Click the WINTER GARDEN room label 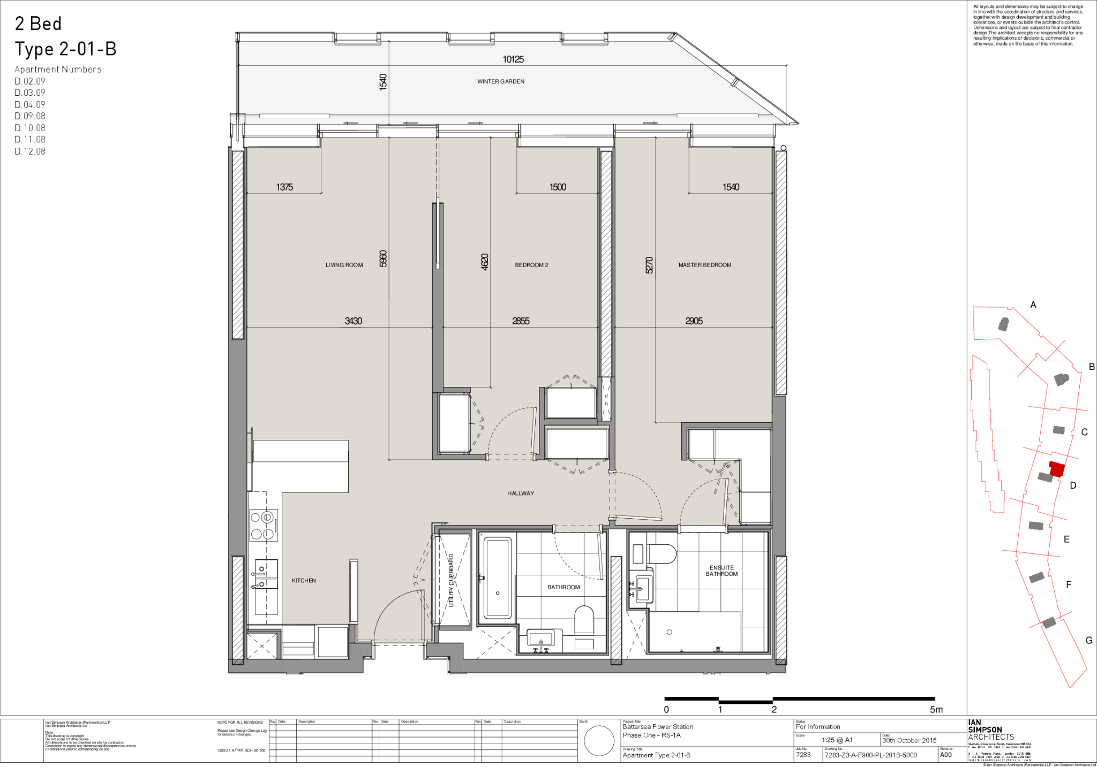click(x=500, y=81)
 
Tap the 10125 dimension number click(x=513, y=59)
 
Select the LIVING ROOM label click(x=344, y=265)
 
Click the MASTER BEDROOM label click(x=704, y=265)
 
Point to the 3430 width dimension click(x=353, y=321)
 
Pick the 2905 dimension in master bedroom click(x=694, y=321)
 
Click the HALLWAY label click(x=520, y=493)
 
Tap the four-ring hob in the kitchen click(x=263, y=525)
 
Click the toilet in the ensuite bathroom click(x=662, y=553)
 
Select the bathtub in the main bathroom click(x=497, y=578)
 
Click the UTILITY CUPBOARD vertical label click(x=451, y=580)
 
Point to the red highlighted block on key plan click(x=1056, y=469)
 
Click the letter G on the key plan click(x=1088, y=640)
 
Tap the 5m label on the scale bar click(x=936, y=710)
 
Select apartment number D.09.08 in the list click(x=30, y=116)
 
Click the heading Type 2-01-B click(x=65, y=49)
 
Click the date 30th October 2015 click(x=910, y=740)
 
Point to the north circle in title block click(x=599, y=741)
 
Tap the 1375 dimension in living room click(x=284, y=187)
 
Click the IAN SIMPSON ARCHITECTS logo click(x=991, y=730)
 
